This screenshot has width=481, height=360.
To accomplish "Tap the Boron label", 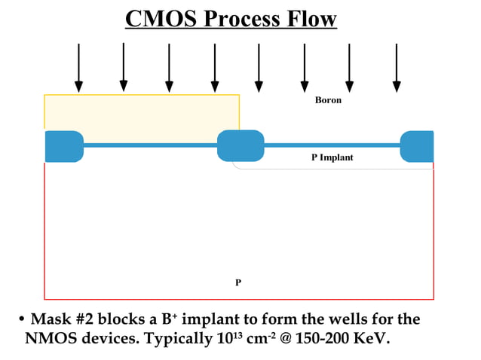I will (x=328, y=100).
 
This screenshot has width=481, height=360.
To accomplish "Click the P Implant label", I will (x=332, y=157).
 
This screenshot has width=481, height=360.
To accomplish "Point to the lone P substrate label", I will (x=238, y=282).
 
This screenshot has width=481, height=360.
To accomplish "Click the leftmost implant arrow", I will (x=78, y=68).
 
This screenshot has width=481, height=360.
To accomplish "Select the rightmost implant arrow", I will (x=397, y=68).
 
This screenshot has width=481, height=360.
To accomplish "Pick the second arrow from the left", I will (x=124, y=68).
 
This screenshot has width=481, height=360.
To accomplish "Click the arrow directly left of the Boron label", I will (x=305, y=68).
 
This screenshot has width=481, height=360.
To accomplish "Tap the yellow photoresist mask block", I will (x=142, y=111).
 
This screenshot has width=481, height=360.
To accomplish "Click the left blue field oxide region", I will (x=63, y=146).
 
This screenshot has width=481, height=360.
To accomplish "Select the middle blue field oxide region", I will (x=240, y=145).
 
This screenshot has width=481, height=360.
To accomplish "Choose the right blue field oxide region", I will (x=417, y=146).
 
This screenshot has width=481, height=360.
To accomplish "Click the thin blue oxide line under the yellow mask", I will (x=151, y=145).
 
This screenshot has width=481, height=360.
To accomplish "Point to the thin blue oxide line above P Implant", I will (x=332, y=145).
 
